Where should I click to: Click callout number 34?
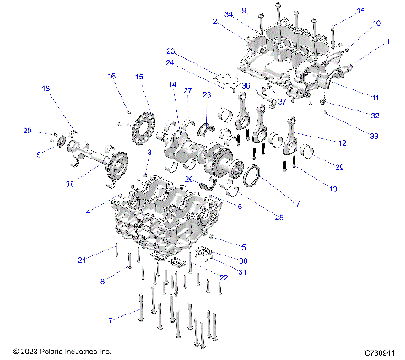(x=228, y=14)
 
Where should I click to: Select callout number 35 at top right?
(x=337, y=12)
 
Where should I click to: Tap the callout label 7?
(x=109, y=320)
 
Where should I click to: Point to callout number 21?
(x=105, y=259)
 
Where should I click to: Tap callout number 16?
(x=111, y=77)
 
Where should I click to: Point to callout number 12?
(x=341, y=142)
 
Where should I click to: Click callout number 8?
(x=105, y=282)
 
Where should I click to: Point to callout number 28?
(x=207, y=95)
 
